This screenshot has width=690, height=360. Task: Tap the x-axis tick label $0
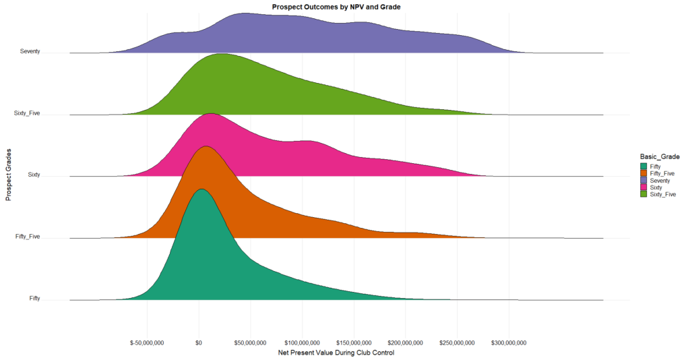pos(198,343)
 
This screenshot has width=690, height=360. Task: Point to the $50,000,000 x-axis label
pos(250,343)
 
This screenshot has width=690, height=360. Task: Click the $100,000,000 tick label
pos(302,343)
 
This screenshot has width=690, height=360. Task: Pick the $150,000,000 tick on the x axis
pos(354,343)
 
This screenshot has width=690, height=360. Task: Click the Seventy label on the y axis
pos(30,51)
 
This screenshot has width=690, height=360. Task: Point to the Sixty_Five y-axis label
pos(27,113)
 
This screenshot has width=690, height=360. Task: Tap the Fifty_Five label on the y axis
pos(27,237)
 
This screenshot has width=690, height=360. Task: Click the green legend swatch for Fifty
pos(644,166)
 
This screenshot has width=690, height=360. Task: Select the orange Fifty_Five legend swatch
pos(644,173)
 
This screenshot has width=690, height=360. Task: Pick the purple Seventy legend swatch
pos(644,180)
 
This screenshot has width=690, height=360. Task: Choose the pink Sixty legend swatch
pos(644,187)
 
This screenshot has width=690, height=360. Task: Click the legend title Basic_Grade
pos(659,156)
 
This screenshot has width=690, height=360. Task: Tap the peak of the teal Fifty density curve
pos(201,189)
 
